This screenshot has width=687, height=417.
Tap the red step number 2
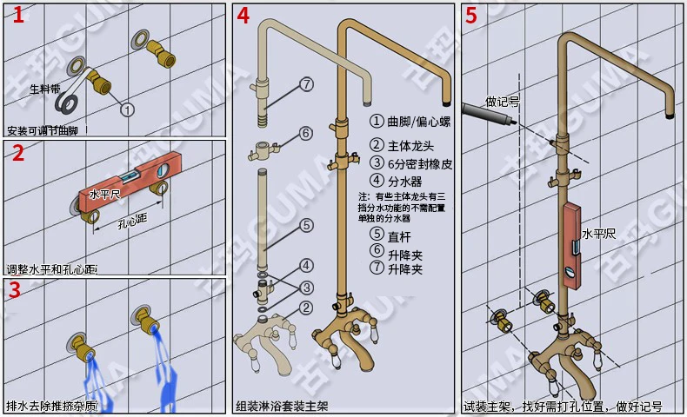(x=15, y=155)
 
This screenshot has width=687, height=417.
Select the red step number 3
(x=15, y=290)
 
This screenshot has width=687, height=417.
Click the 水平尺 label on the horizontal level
(x=104, y=195)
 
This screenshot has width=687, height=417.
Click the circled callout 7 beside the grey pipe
(x=306, y=84)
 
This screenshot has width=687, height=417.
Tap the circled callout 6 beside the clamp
(x=306, y=133)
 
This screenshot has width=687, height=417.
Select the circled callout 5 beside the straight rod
(x=306, y=225)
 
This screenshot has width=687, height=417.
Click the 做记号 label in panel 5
(x=503, y=101)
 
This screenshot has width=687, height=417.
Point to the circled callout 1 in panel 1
(x=127, y=109)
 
